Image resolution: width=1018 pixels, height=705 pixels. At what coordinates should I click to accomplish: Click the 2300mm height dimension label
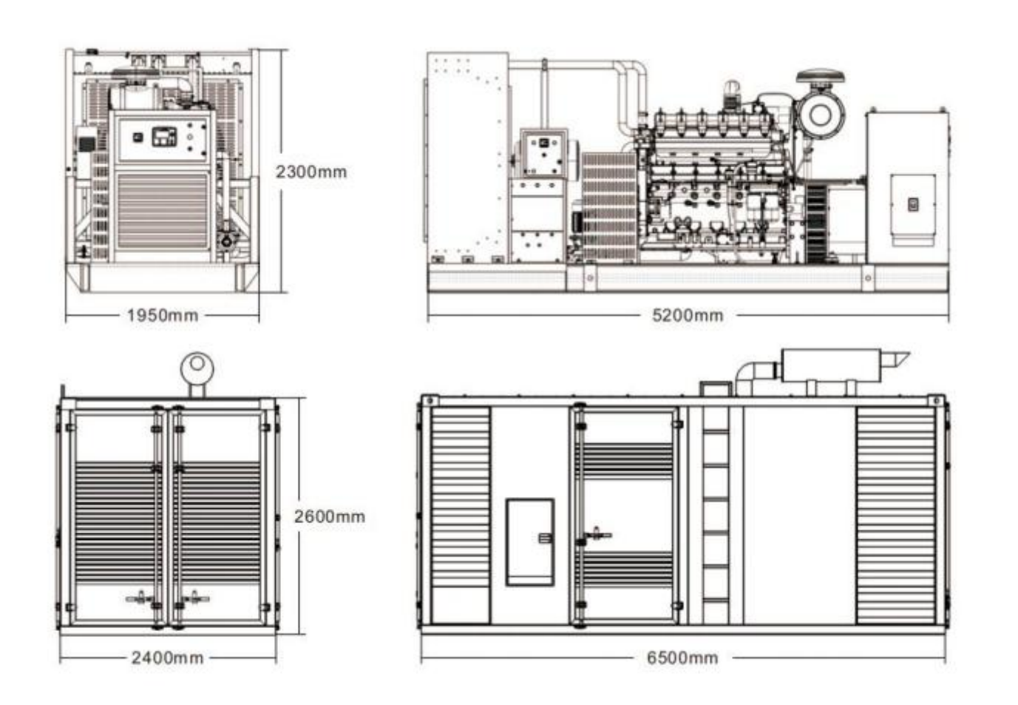[x=311, y=172]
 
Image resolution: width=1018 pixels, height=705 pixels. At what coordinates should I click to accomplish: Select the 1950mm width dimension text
[x=162, y=315]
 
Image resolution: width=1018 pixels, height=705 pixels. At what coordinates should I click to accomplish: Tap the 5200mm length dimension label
[x=687, y=315]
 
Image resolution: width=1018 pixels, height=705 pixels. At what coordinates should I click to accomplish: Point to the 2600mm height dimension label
[x=330, y=516]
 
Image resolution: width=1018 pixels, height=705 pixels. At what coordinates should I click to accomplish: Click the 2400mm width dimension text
[x=167, y=658]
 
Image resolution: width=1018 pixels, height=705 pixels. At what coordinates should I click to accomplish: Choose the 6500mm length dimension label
[x=682, y=658]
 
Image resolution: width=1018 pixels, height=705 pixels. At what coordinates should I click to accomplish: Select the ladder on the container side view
[x=716, y=515]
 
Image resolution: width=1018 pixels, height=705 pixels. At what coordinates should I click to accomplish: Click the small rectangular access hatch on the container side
[x=530, y=542]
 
